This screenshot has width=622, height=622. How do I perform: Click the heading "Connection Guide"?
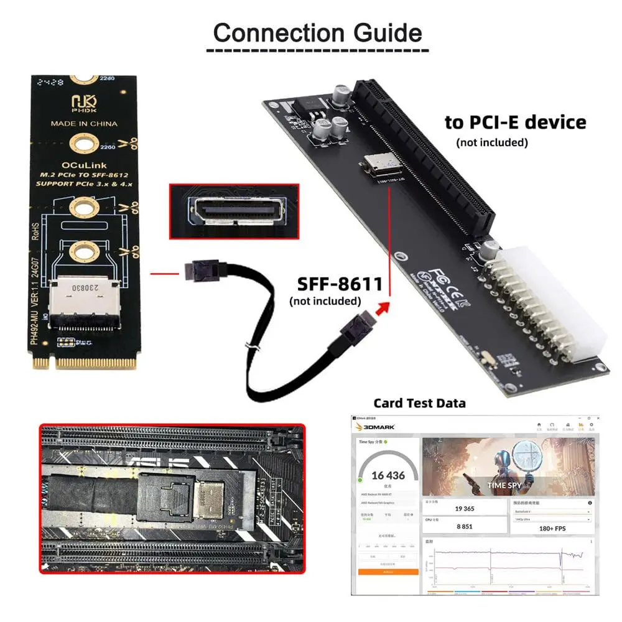tap(317, 32)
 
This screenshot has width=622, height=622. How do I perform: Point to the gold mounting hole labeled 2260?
tap(82, 144)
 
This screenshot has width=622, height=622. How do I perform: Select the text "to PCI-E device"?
tap(515, 122)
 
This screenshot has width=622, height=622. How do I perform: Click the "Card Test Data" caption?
tap(419, 403)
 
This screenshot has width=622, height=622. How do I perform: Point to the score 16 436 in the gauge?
tap(388, 475)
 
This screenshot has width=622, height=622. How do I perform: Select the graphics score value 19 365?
tap(465, 508)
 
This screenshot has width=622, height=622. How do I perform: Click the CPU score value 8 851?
tap(465, 526)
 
